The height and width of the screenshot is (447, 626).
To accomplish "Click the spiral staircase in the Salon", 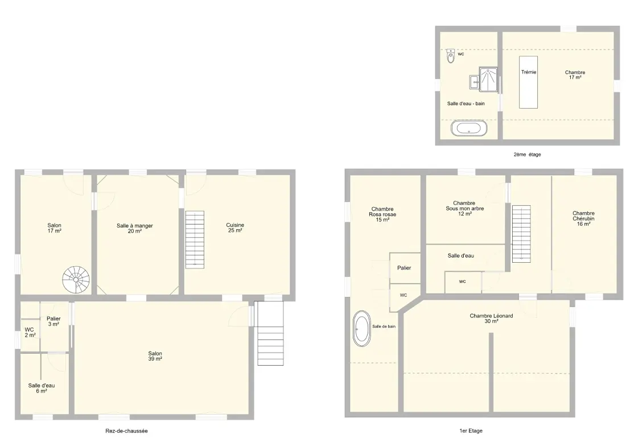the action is tap(76, 280).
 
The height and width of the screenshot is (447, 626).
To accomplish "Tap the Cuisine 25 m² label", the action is tap(234, 228).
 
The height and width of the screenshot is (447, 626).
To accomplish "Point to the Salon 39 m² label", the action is tap(155, 356).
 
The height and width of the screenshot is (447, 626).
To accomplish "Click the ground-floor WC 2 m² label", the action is tap(30, 333).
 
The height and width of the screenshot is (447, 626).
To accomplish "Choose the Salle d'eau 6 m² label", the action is tap(42, 388).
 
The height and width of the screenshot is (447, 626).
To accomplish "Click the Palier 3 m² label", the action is tap(53, 321).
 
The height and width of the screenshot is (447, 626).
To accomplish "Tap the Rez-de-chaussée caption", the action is tap(126, 431).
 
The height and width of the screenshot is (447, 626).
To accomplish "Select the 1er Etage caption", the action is tap(471, 431).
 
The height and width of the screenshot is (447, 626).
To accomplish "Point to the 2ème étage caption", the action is tap(528, 155).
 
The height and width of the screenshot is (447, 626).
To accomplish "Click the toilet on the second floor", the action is tap(451, 56).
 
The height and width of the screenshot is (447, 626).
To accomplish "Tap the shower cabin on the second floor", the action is tap(488, 80).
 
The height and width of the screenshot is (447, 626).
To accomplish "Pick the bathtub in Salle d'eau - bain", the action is tap(469, 129).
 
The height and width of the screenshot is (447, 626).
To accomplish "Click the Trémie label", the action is tap(529, 72).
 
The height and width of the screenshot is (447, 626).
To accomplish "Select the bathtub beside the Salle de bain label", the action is tap(362, 329).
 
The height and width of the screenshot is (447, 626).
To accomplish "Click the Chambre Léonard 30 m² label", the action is tap(492, 318).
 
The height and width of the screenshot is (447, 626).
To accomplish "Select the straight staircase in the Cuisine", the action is tap(195, 240).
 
